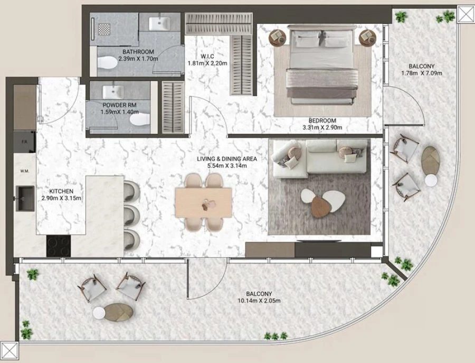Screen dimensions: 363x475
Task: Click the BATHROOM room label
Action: (x=138, y=52)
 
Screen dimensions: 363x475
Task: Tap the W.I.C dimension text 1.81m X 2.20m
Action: (x=207, y=63)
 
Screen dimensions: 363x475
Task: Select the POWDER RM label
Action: (x=120, y=105)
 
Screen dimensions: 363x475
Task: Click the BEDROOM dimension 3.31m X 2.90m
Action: (x=322, y=127)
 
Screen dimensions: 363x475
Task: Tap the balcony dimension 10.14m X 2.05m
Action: (x=259, y=301)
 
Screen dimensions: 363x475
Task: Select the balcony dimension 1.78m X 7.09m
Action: (x=421, y=73)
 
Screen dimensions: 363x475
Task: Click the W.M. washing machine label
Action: (x=24, y=171)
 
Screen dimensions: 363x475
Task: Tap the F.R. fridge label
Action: (x=24, y=142)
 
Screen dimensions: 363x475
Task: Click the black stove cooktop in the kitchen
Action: (x=58, y=246)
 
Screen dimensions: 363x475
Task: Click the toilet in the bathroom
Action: (x=109, y=62)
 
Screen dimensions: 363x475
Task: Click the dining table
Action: (x=204, y=202)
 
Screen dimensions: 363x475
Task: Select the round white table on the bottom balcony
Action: (x=100, y=313)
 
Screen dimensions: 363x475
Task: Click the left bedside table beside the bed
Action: (x=278, y=37)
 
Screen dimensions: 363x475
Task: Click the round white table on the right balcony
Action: (x=431, y=181)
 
